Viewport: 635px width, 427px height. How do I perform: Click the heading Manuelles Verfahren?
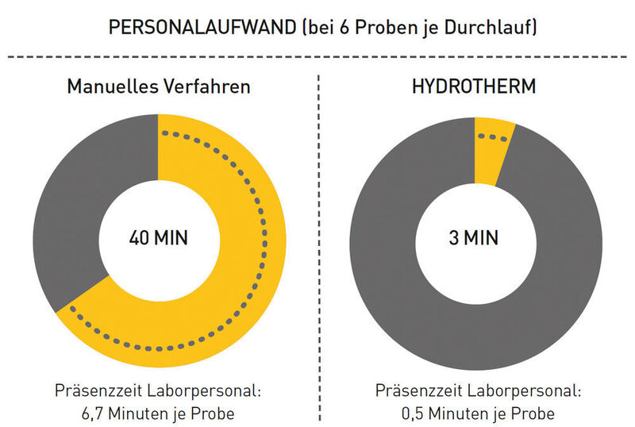158,86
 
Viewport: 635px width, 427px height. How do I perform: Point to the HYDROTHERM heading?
475,86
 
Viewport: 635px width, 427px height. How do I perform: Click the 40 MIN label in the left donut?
158,237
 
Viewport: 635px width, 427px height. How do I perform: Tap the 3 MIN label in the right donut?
474,237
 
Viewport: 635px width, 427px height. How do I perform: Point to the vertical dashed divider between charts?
319,238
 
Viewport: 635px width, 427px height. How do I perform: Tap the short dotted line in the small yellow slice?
497,137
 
